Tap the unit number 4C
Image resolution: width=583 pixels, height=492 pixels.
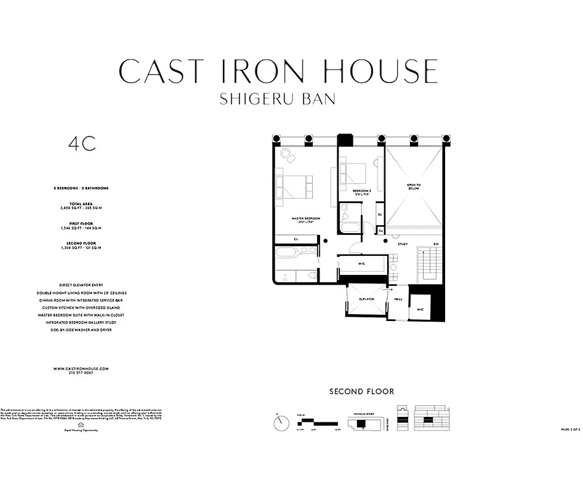[x=82, y=144]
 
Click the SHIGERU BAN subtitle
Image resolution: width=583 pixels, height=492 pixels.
[x=278, y=99]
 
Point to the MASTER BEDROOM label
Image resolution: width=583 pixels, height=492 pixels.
[x=306, y=218]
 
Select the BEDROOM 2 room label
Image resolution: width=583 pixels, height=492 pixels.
[x=361, y=191]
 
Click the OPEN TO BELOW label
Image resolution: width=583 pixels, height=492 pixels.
[x=414, y=186]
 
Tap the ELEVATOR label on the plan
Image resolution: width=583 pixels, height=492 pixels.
[x=367, y=298]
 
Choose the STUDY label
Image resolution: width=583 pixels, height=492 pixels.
[x=403, y=244]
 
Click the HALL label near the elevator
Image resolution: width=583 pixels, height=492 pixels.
[x=398, y=300]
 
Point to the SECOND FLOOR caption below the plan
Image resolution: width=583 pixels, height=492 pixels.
[x=361, y=391]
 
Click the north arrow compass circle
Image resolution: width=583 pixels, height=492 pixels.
[x=281, y=423]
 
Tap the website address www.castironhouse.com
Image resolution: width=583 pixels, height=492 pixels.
[x=81, y=368]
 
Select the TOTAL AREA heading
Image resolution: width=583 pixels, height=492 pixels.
[x=81, y=204]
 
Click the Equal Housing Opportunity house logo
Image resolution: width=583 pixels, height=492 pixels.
[x=81, y=424]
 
